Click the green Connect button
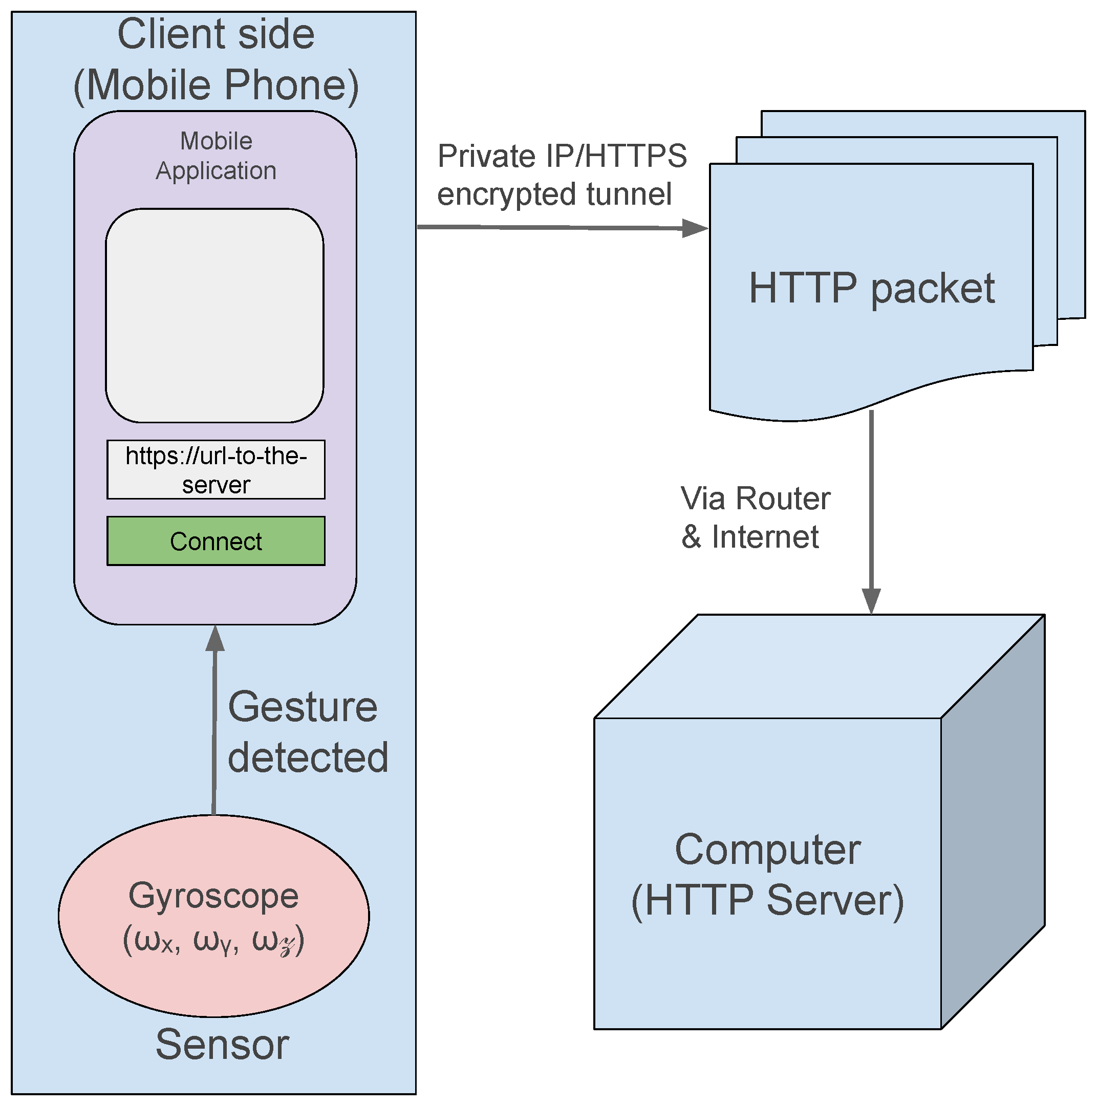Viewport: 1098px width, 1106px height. pos(216,541)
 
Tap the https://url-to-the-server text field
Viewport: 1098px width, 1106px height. pos(216,469)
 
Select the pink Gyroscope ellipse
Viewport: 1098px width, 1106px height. pos(213,916)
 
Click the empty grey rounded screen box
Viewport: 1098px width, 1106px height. pos(214,315)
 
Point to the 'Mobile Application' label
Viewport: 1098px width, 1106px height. pos(217,156)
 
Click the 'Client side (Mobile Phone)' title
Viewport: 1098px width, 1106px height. pos(217,59)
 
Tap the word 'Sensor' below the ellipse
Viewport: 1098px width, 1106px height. pos(222,1044)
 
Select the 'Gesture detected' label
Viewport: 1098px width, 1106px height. pos(308,732)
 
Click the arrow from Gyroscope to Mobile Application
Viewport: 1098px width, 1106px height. pos(214,720)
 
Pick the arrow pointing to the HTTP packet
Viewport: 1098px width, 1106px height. pos(563,228)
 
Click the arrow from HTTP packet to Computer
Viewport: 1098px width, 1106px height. pos(871,512)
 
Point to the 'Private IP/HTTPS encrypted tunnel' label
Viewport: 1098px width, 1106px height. pos(562,175)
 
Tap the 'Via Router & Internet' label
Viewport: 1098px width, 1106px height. pos(756,517)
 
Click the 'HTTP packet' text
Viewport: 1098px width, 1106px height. pos(872,288)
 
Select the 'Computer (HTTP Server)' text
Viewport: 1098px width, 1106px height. pos(768,875)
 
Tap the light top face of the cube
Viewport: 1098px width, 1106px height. pos(820,666)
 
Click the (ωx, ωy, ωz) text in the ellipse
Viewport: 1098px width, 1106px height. pos(213,942)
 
